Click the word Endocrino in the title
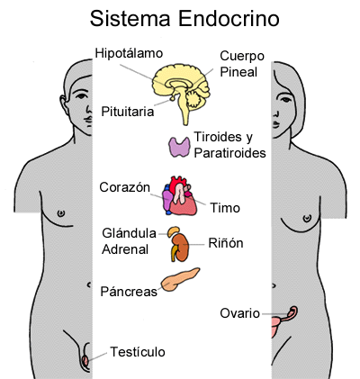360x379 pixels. click(x=229, y=19)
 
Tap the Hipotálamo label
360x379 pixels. click(x=129, y=54)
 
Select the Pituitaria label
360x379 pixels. click(x=128, y=112)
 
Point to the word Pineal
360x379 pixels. click(x=238, y=72)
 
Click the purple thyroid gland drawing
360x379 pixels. click(x=179, y=147)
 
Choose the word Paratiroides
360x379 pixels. click(x=229, y=153)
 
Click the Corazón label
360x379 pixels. click(x=124, y=187)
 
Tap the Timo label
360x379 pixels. click(x=225, y=208)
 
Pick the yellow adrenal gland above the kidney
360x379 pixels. click(x=174, y=231)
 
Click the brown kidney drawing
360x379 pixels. click(x=181, y=248)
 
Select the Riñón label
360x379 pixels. click(x=226, y=243)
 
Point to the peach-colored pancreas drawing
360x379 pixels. click(x=180, y=280)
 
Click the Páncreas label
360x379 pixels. click(x=129, y=292)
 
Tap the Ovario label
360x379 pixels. click(x=239, y=313)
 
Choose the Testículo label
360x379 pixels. click(x=138, y=352)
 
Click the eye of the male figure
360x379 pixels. click(x=81, y=96)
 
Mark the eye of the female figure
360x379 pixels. click(x=286, y=99)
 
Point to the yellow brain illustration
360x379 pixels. click(x=181, y=87)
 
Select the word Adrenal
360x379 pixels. click(x=125, y=249)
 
